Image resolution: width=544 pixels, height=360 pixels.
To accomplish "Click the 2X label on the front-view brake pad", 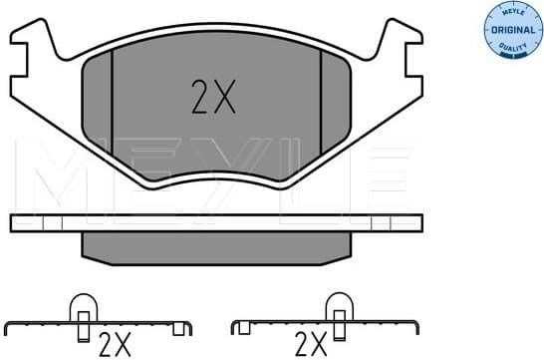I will (213, 98).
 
